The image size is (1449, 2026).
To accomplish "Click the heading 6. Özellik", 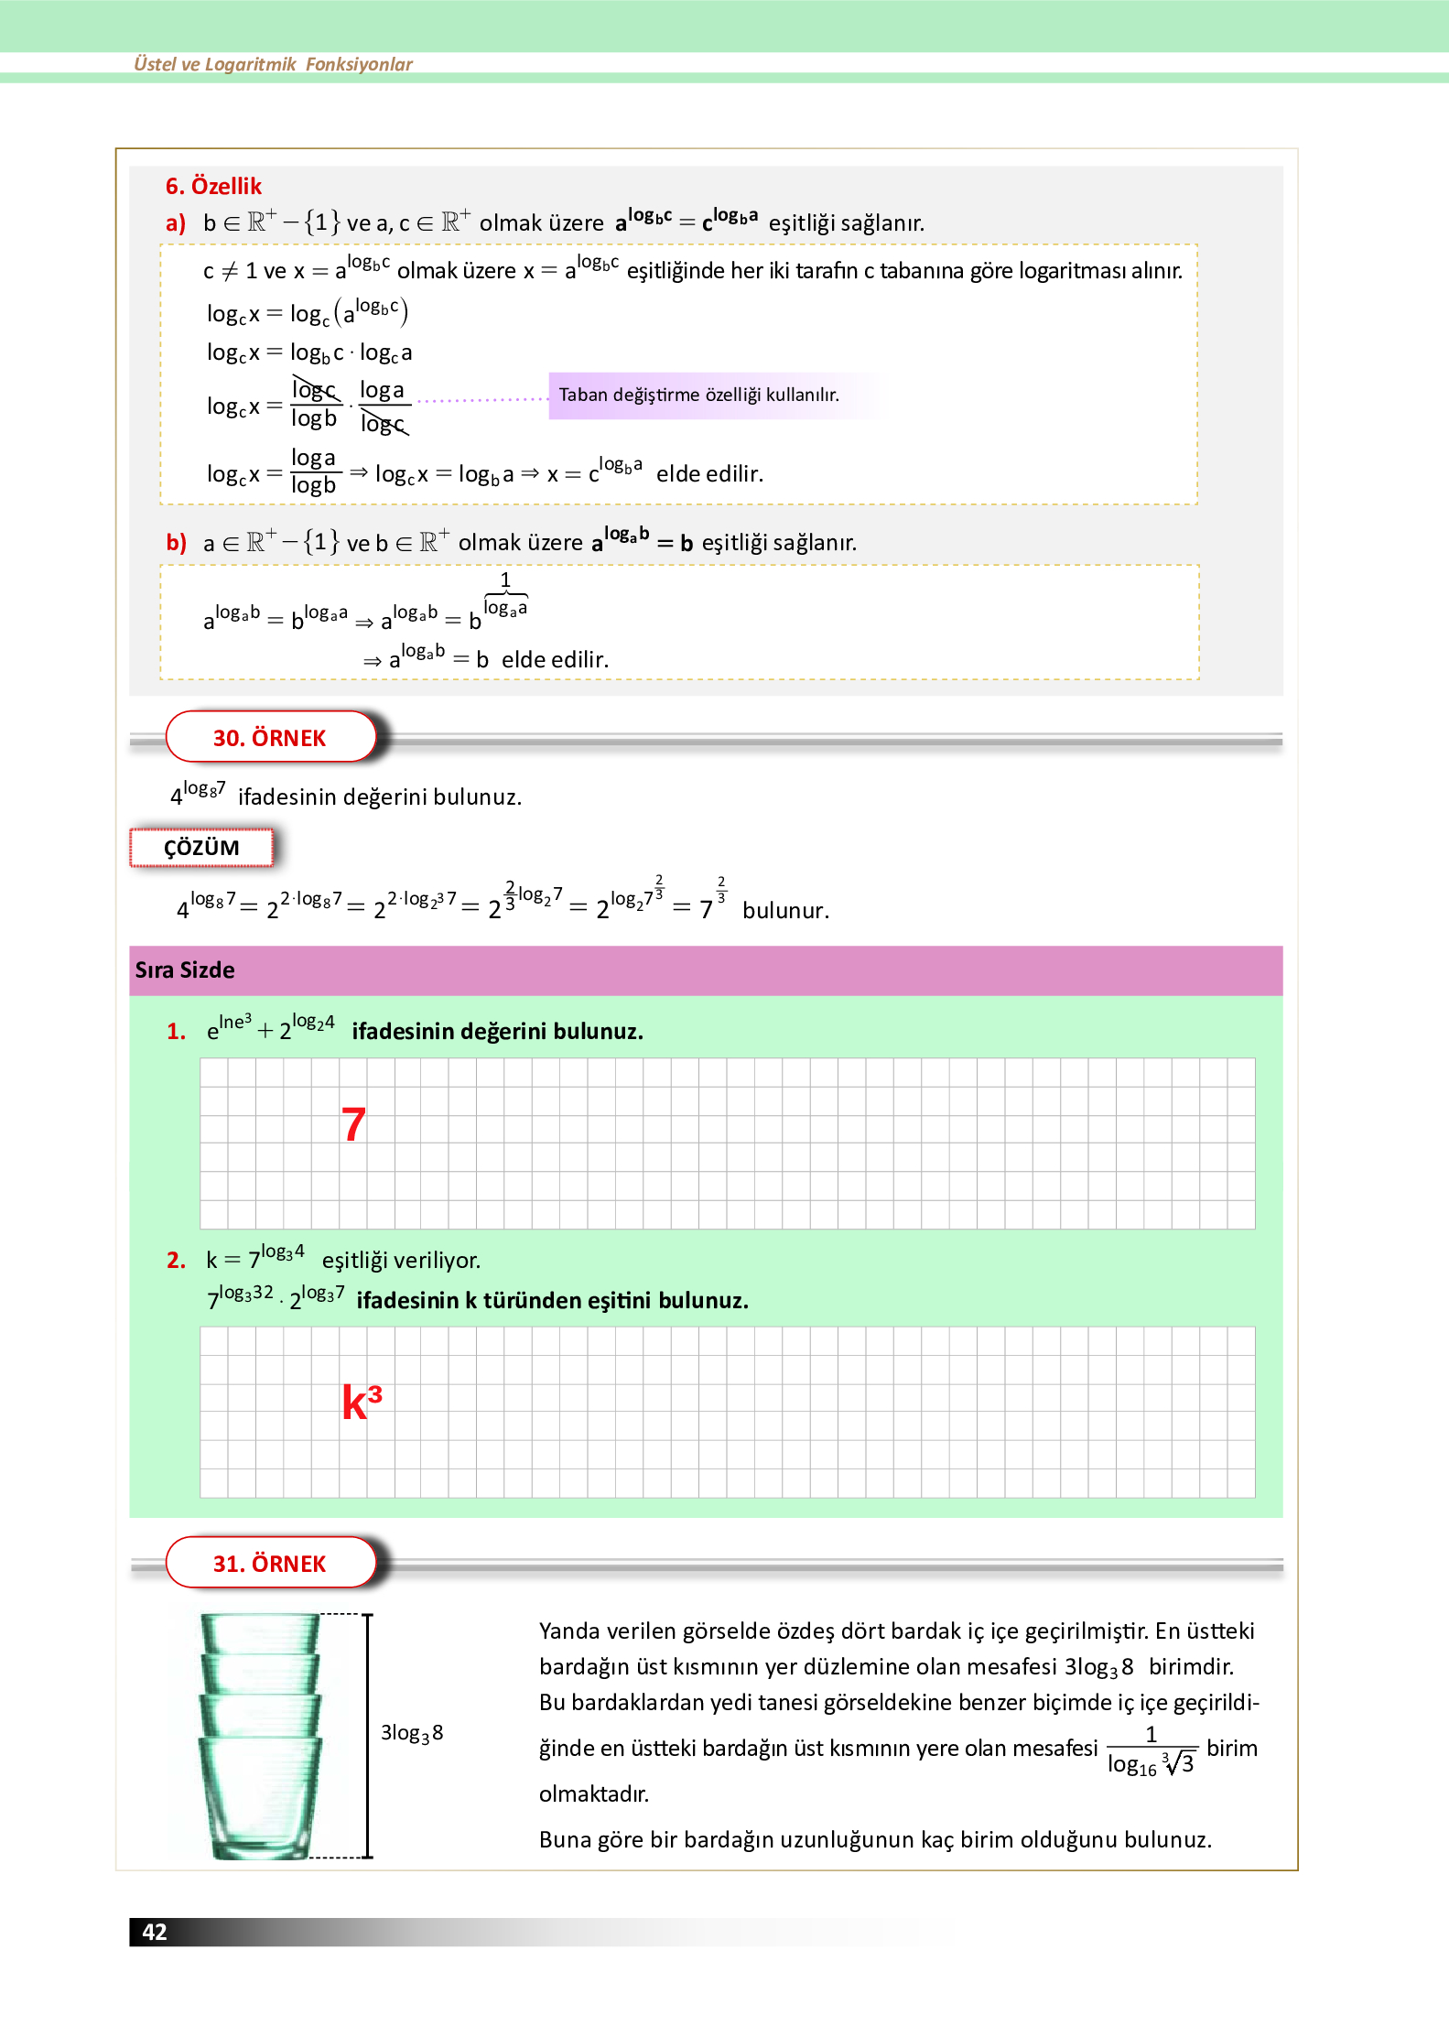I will (x=213, y=187).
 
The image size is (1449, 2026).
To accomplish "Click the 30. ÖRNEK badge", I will (x=270, y=738).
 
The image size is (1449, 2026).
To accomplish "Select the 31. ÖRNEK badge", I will (x=270, y=1564).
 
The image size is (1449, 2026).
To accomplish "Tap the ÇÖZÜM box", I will (x=201, y=848).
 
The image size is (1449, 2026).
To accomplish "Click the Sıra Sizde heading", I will (x=185, y=970).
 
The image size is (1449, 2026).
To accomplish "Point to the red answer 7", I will (x=353, y=1125).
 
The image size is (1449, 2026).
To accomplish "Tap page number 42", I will (x=155, y=1932).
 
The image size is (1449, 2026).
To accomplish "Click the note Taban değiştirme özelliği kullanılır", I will (x=698, y=395).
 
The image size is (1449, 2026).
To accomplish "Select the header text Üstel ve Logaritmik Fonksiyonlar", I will (x=273, y=64).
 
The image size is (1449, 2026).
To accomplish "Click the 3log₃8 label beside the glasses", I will (x=412, y=1733).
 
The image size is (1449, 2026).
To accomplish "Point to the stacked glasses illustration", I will (x=261, y=1736).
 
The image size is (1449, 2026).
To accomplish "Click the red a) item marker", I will (x=176, y=223).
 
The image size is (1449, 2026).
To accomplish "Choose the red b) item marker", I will (x=176, y=543).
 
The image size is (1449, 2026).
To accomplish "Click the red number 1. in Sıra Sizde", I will (x=176, y=1032).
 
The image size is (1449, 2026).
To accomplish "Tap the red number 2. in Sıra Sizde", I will (x=176, y=1261).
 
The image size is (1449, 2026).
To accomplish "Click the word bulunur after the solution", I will (x=785, y=911).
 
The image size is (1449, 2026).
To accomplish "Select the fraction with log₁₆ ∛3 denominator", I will (x=1151, y=1750).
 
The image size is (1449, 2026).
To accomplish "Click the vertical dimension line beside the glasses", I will (x=368, y=1736).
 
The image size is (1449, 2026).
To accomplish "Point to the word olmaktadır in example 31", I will (x=594, y=1794).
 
